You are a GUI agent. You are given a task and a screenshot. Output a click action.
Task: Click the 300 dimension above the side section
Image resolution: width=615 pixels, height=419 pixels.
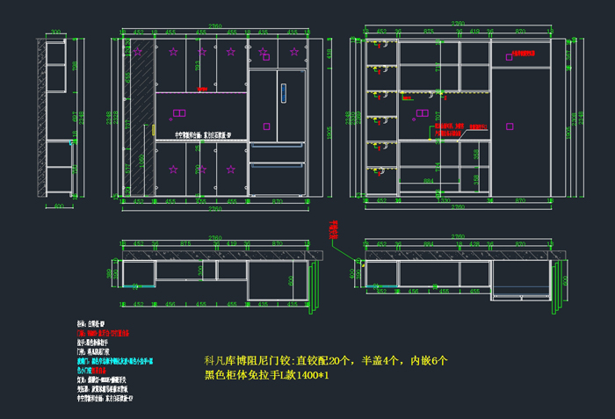tap(54, 33)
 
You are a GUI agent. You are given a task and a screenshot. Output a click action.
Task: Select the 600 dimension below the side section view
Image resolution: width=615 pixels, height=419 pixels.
tap(59, 207)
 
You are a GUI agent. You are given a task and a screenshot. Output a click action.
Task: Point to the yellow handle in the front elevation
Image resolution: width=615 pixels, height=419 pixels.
tap(155, 131)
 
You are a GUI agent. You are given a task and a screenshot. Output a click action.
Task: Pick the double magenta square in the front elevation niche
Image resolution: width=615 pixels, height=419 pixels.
tap(178, 112)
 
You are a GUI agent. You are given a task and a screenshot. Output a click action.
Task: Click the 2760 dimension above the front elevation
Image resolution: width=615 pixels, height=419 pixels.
tap(213, 27)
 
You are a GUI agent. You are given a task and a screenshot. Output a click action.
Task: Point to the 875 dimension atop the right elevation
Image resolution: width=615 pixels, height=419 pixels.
tap(429, 32)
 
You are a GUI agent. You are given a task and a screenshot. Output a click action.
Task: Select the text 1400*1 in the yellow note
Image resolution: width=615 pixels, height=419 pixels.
tap(315, 375)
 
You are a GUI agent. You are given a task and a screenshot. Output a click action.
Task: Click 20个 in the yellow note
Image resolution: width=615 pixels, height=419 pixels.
tap(338, 360)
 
